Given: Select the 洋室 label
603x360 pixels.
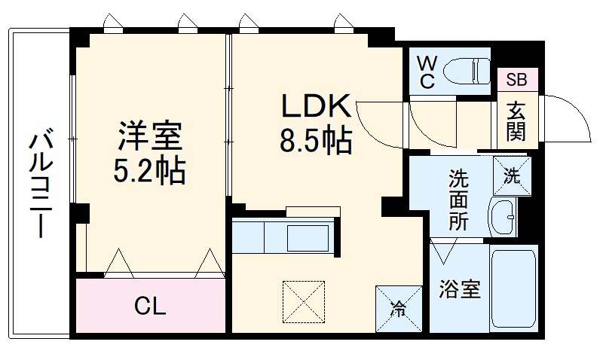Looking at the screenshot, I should (x=149, y=138).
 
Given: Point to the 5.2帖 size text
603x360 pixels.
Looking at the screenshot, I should (x=150, y=172).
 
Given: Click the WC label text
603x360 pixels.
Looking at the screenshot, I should (x=427, y=72).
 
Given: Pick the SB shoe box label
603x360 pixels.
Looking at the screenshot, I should (x=517, y=79).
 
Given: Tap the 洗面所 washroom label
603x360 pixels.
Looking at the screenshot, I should (x=458, y=200).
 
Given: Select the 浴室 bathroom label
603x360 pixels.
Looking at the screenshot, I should (x=460, y=290).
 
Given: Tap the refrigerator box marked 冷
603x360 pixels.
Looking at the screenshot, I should (x=396, y=308).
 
